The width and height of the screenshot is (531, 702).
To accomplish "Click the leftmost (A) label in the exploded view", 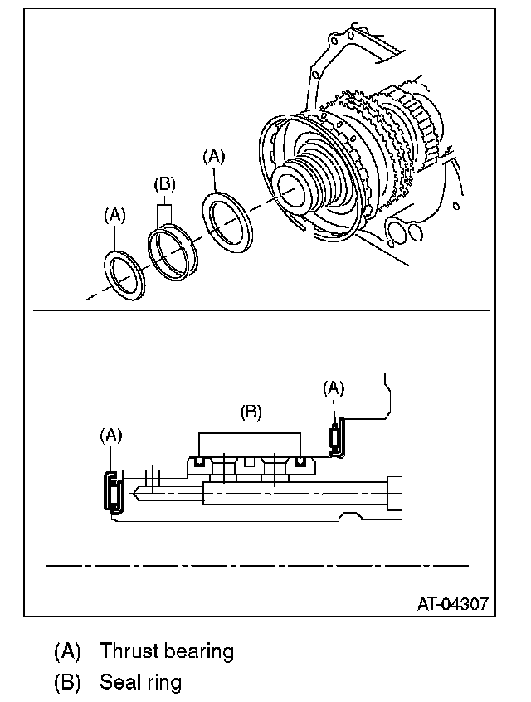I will (114, 215).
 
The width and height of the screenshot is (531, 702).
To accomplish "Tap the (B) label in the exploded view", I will (165, 184).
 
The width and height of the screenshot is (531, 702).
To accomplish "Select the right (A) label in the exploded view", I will (214, 155).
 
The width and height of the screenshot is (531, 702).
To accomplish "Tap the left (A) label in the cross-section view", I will (111, 434).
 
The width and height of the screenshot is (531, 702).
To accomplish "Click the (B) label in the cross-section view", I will (250, 411).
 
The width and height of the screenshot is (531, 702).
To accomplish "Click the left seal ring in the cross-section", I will (199, 461).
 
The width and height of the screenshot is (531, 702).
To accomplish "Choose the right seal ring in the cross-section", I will (300, 461).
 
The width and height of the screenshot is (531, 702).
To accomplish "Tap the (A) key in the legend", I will (67, 651).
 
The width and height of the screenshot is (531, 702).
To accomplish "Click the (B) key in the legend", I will (67, 683).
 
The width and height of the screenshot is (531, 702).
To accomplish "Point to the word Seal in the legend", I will (117, 683).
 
